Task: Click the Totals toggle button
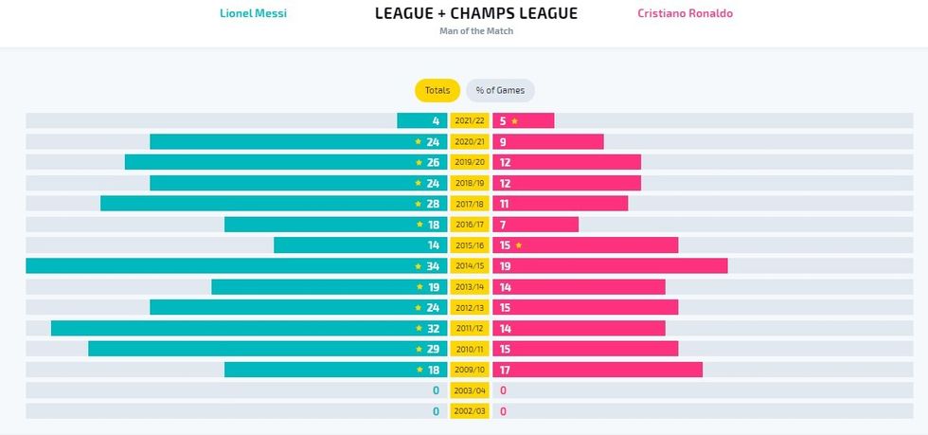coord(437,90)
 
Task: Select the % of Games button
coord(500,90)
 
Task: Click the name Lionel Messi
coord(253,13)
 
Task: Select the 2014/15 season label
coord(470,266)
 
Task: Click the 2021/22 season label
coord(470,120)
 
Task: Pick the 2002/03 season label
coord(470,412)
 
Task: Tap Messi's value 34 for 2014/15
coord(433,266)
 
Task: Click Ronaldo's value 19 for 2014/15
coord(506,266)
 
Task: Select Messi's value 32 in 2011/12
coord(433,329)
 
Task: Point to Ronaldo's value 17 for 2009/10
coord(506,371)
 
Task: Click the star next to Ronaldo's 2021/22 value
coord(515,121)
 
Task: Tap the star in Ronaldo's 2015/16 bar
coord(519,245)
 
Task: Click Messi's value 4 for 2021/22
coord(436,121)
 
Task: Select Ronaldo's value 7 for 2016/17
coord(503,225)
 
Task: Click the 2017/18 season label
coord(470,204)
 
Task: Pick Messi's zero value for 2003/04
coord(436,391)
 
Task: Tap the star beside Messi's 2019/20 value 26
coord(418,163)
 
